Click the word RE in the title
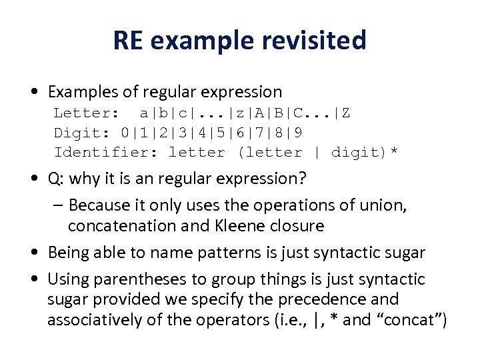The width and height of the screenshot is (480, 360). tap(128, 41)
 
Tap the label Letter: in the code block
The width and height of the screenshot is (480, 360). tap(86, 113)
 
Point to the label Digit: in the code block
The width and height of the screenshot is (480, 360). tap(83, 133)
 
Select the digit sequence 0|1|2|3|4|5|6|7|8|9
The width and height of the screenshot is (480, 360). tap(212, 133)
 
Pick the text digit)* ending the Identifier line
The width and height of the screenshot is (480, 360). tap(365, 153)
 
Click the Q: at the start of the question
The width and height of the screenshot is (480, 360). tap(57, 179)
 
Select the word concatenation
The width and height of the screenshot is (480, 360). tap(118, 226)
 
